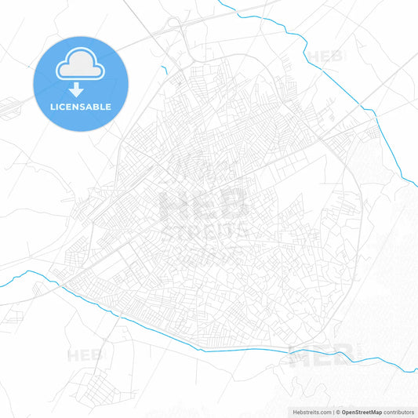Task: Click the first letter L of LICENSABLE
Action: (53, 107)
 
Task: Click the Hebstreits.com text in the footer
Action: (309, 411)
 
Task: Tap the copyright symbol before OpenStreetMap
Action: (336, 411)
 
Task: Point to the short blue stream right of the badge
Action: (165, 70)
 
